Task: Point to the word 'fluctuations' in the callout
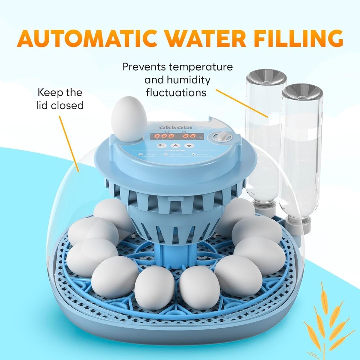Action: [x=176, y=93]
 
